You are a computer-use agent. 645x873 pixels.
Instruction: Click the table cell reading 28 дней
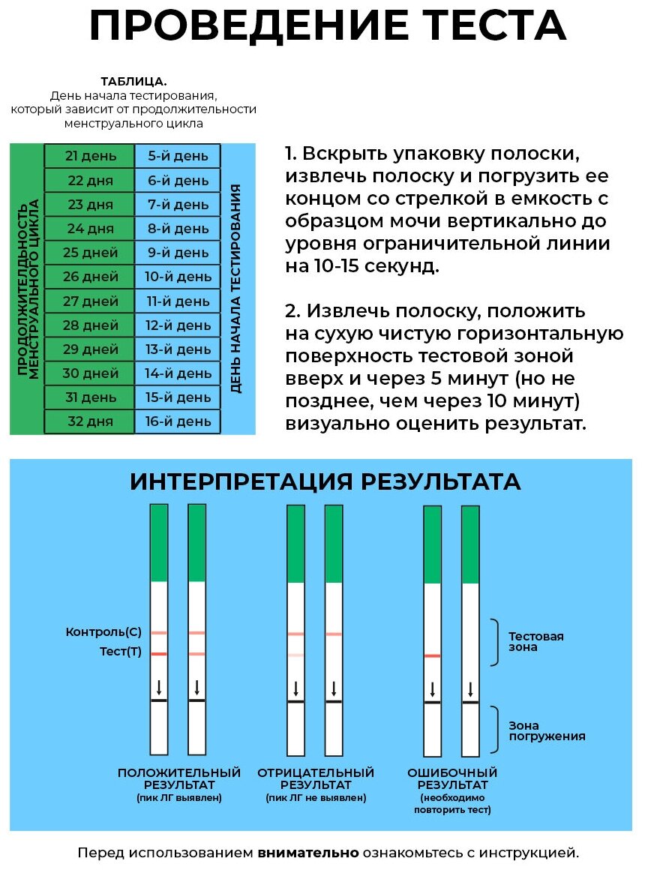pos(89,325)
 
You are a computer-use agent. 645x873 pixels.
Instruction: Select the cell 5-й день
pos(178,156)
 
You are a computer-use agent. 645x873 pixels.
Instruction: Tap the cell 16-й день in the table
pos(178,421)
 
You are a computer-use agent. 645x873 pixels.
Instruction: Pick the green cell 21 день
pos(89,156)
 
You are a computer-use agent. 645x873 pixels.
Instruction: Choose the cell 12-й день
pos(178,325)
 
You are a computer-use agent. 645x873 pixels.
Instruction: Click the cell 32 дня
pos(89,421)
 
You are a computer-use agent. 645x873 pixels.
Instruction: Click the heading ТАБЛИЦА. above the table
pos(133,82)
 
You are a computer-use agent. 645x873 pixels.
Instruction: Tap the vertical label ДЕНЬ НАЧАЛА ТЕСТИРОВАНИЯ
pos(237,288)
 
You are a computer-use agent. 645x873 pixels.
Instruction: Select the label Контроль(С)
pos(103,632)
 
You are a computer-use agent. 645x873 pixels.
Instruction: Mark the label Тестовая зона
pos(535,641)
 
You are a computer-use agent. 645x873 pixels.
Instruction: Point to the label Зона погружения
pos(547,730)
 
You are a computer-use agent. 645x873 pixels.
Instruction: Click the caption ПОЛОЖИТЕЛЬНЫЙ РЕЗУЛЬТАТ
pos(179,778)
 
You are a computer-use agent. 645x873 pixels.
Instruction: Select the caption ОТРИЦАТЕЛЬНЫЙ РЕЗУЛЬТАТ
pos(316,778)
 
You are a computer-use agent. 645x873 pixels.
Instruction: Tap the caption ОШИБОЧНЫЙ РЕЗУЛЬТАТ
pos(452,778)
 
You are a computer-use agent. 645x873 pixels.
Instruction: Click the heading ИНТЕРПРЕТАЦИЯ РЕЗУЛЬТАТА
pos(325,481)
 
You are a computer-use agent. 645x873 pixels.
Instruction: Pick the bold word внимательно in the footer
pos(308,853)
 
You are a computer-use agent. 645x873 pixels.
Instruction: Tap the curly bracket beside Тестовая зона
pos(494,642)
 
